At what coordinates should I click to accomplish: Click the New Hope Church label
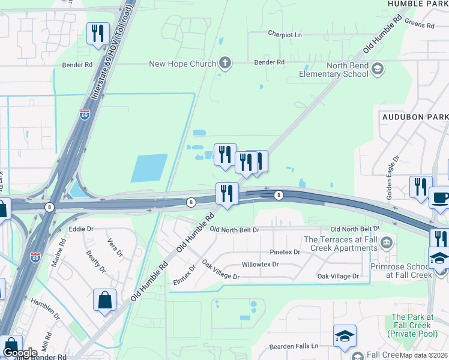(182, 64)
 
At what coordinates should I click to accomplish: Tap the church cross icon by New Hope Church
(225, 62)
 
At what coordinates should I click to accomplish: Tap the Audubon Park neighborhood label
(415, 116)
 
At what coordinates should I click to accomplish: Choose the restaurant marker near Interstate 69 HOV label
(98, 34)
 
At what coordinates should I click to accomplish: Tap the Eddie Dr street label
(82, 229)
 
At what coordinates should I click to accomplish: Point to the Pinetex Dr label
(285, 252)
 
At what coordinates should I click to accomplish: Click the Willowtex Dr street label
(261, 264)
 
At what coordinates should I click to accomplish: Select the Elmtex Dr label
(184, 277)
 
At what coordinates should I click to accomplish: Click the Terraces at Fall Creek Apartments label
(342, 243)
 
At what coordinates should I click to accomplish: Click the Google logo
(20, 352)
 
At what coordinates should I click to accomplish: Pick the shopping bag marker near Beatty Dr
(104, 299)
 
